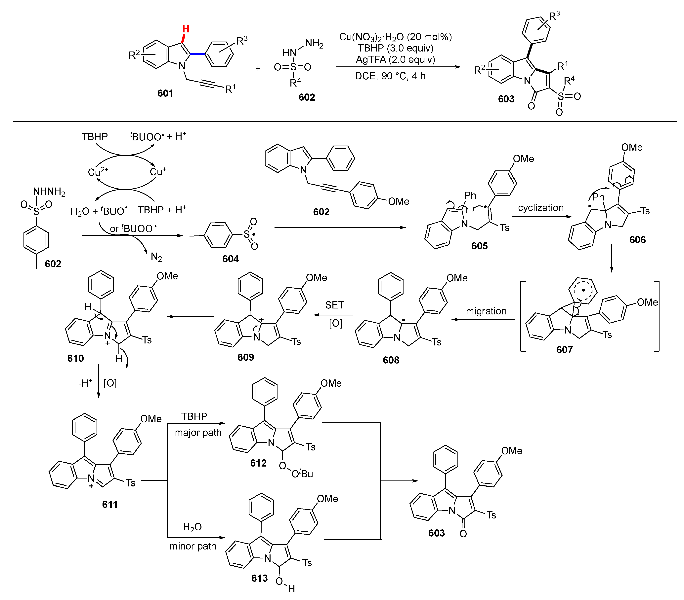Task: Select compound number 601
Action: coord(165,93)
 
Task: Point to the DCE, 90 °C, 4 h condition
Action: coord(390,76)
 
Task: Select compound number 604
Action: coord(230,259)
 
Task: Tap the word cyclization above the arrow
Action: coord(541,208)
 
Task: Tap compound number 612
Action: coord(258,463)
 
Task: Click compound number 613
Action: coord(259,578)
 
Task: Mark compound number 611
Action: coord(110,504)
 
